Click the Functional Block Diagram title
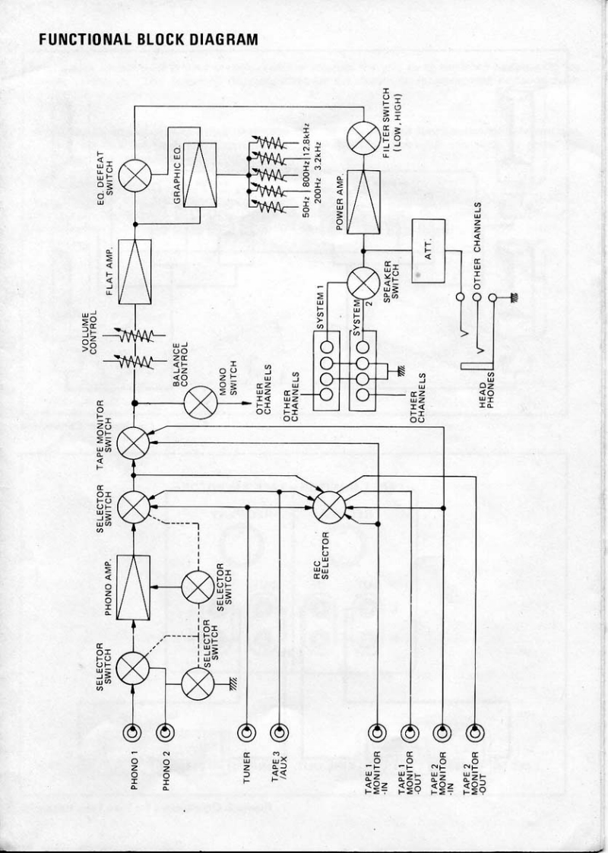pos(149,39)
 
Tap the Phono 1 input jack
pos(134,732)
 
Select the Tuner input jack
pos(246,732)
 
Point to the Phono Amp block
pos(134,588)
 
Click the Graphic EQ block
pos(195,176)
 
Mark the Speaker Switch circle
pos(363,283)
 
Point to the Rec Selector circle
pos(329,506)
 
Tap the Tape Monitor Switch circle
pos(134,442)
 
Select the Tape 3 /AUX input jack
pos(279,732)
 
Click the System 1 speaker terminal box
pos(328,369)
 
